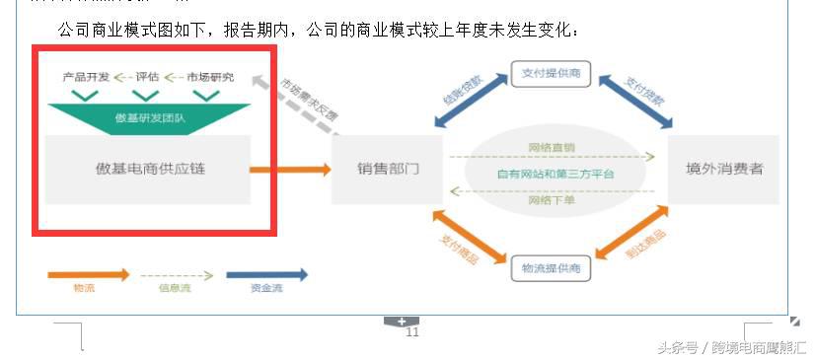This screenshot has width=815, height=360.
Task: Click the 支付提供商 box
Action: tap(550, 75)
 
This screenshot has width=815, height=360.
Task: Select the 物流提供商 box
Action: tap(550, 267)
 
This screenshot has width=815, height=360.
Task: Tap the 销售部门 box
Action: tap(388, 169)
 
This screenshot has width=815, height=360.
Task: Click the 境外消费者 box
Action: tap(724, 169)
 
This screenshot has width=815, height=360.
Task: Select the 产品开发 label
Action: tap(86, 77)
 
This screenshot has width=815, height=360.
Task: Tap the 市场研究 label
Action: tap(209, 77)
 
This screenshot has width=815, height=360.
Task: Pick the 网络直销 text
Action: tap(552, 148)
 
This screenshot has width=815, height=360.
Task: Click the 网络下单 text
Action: tap(552, 200)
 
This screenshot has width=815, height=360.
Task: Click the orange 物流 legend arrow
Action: tap(88, 275)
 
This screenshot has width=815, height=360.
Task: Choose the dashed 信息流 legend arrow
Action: tap(177, 275)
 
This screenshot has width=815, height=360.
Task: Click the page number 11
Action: tap(412, 333)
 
